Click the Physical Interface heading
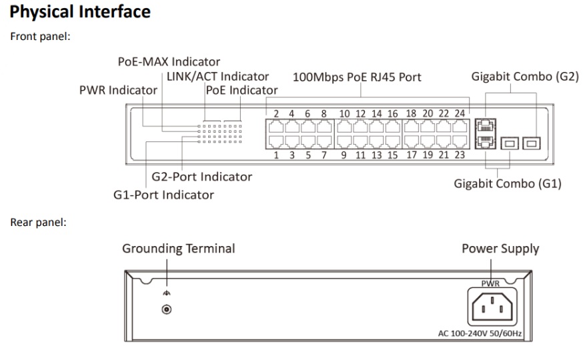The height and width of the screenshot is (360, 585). point(81,12)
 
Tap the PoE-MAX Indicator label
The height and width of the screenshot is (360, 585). point(168,63)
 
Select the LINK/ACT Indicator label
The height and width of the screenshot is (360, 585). point(218,77)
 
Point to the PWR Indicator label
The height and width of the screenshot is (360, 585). point(119,90)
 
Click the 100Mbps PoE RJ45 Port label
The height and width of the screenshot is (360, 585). point(357,77)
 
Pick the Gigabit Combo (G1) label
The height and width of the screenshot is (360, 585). point(508,183)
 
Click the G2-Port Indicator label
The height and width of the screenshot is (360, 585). point(202,177)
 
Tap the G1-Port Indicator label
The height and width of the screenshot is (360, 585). point(163,195)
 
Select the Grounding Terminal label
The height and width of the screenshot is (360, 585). point(178,249)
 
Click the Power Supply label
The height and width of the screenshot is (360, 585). point(500,249)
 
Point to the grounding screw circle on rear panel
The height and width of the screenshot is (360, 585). point(167,309)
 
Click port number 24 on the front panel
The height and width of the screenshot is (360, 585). point(460,113)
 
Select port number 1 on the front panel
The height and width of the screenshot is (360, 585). point(275,155)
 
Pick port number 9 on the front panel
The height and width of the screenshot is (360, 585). point(344,155)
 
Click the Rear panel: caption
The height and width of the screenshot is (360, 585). point(38,223)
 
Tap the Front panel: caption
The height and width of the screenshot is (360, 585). point(40,36)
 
